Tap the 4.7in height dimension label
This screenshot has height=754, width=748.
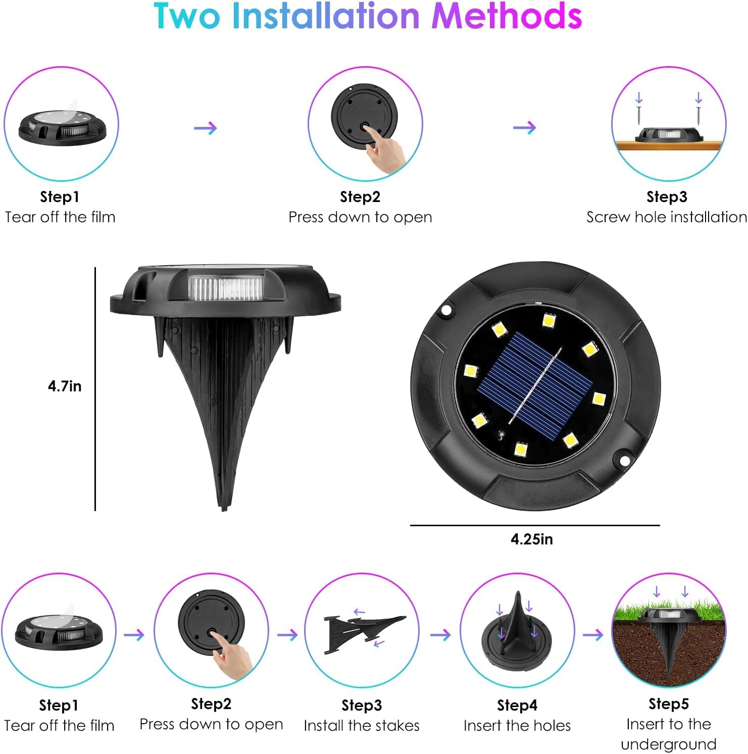click(65, 386)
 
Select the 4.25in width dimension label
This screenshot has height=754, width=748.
click(531, 539)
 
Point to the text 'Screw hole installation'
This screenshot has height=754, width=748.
click(666, 217)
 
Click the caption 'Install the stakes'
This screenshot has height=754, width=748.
click(362, 726)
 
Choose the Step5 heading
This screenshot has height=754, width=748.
click(668, 703)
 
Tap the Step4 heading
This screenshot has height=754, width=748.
click(517, 705)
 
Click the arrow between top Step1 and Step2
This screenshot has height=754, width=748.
click(205, 128)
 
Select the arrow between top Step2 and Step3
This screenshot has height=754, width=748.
click(524, 128)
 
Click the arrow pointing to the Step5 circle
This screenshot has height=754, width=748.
click(593, 635)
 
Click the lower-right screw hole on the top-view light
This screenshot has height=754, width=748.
click(624, 460)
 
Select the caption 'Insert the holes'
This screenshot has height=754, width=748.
click(517, 726)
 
